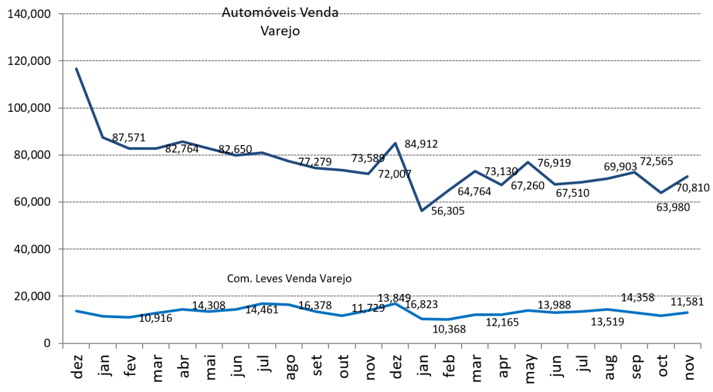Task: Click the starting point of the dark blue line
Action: [76, 68]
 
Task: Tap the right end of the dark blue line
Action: [688, 176]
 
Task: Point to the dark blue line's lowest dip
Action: [422, 210]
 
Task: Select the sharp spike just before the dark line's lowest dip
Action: [395, 143]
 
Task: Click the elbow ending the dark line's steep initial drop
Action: [103, 137]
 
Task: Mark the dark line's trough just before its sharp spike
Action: [368, 174]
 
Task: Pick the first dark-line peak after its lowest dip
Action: [475, 170]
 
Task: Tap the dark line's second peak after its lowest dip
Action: [528, 162]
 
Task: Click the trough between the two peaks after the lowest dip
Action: [501, 184]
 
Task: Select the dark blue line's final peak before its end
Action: [634, 172]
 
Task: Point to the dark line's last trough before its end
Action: [661, 192]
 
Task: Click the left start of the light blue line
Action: [76, 311]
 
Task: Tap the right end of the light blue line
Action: [688, 312]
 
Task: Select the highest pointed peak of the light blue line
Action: [395, 303]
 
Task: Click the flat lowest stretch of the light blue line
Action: [436, 319]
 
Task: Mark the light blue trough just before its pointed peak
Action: [342, 316]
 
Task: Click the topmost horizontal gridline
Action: [382, 14]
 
